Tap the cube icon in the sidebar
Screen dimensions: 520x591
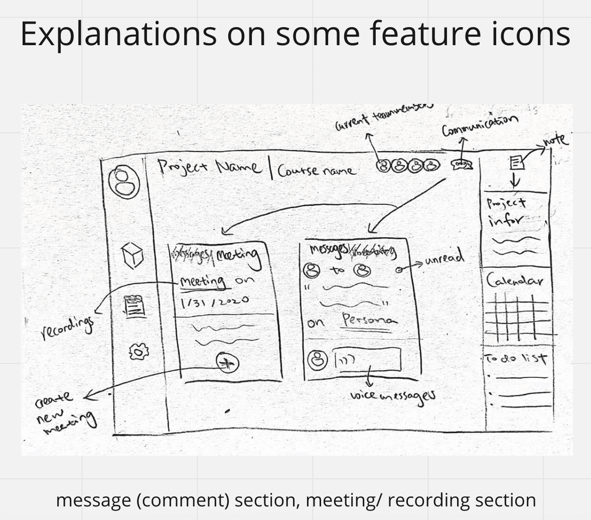(133, 255)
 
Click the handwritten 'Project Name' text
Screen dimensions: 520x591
(209, 167)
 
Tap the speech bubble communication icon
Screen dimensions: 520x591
(462, 164)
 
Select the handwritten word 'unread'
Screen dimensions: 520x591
(445, 259)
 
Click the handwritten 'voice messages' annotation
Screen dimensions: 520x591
(393, 396)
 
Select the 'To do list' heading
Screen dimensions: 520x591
(516, 359)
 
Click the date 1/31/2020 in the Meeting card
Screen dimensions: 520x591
(214, 300)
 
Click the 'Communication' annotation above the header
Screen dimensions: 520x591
(479, 125)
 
